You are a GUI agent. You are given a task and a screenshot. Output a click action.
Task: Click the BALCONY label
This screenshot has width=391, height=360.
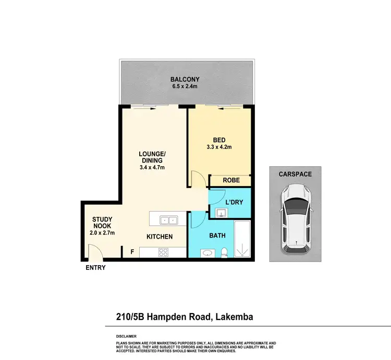point(185,80)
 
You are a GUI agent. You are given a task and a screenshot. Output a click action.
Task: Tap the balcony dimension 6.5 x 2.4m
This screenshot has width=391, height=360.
point(185,87)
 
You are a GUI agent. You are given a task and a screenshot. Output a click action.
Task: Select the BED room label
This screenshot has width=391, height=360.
point(219,140)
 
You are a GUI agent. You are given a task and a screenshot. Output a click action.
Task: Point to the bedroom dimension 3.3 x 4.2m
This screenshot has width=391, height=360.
point(219,147)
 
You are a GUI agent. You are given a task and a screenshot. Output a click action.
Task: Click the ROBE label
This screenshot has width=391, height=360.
point(230,181)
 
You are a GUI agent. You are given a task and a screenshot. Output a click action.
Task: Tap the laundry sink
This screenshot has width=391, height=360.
point(221,212)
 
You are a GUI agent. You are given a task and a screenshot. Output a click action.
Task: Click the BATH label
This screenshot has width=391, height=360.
point(217,235)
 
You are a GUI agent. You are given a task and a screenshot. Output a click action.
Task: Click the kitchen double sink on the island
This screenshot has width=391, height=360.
point(168,220)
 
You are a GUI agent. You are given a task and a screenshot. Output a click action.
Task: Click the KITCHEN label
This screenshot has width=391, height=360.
point(159,237)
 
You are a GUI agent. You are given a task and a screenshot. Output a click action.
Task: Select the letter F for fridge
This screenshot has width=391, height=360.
point(131,252)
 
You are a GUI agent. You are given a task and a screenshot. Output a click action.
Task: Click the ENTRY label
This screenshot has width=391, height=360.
point(95,268)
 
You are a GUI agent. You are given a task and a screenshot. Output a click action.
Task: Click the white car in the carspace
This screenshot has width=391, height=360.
point(295,219)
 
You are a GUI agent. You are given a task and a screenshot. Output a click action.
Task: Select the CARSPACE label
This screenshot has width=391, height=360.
point(295,174)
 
